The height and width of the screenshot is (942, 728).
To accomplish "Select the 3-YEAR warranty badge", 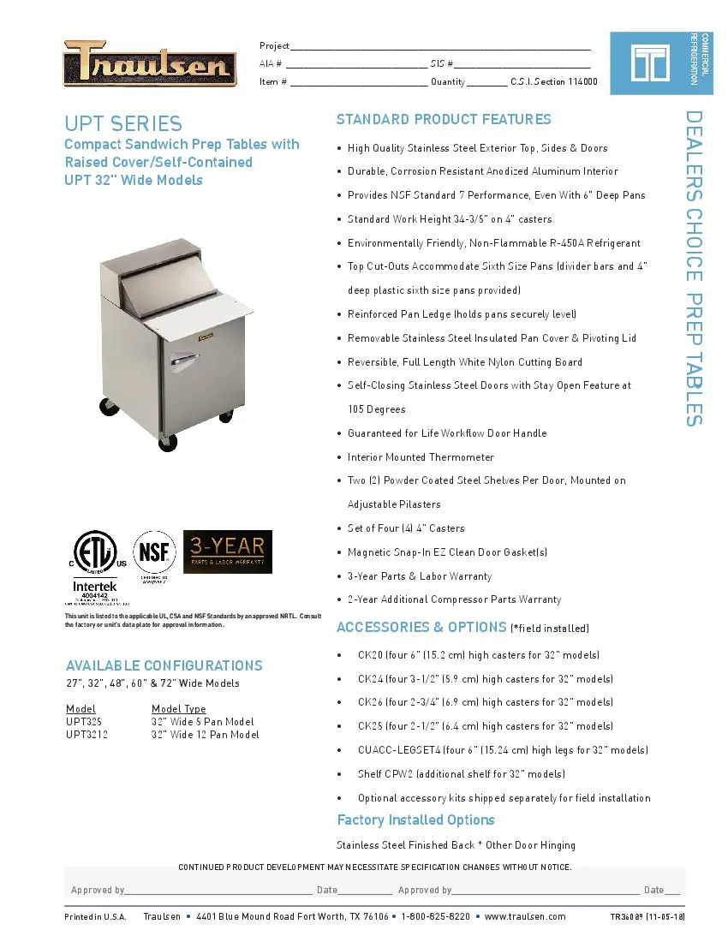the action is [228, 551].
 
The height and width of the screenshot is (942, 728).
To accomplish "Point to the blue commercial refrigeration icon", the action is [648, 63].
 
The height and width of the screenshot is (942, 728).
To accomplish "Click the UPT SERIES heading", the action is [123, 123].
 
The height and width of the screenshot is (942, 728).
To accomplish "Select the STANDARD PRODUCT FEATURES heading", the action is [444, 119].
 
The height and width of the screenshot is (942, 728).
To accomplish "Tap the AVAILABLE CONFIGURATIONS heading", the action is [164, 665].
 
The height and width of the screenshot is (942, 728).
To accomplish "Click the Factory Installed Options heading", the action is [415, 820].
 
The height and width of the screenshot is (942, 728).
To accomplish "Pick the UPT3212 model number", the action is [87, 735].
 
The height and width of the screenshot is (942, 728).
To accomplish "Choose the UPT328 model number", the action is [84, 722].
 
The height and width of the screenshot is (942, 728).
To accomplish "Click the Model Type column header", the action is [178, 709].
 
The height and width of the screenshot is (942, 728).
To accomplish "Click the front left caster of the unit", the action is [168, 443].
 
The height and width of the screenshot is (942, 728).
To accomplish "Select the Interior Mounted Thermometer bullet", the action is [421, 457].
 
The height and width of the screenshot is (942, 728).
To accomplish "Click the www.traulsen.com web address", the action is [525, 916].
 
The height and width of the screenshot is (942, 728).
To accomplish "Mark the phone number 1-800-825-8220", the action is [435, 916].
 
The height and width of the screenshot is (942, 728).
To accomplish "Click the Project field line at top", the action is [439, 47].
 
